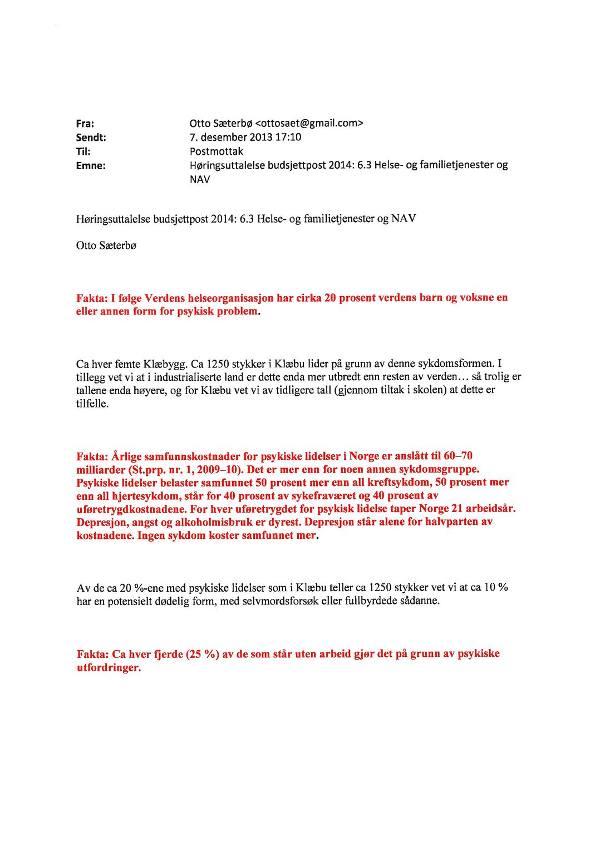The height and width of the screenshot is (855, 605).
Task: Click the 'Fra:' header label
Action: coord(85,124)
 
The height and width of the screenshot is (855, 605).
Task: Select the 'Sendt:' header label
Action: coord(91,137)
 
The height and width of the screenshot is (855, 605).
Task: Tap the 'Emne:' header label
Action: coord(91,165)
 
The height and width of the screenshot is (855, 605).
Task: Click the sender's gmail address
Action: coord(309,123)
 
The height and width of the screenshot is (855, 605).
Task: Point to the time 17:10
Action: coord(288,137)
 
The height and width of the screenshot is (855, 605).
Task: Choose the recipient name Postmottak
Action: coord(217,151)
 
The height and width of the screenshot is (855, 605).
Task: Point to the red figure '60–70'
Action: coord(458,456)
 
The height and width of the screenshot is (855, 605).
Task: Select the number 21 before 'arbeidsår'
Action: coord(457,508)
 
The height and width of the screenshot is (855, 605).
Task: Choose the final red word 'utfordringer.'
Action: coord(109,667)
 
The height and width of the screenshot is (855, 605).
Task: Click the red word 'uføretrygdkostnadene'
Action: coord(132,509)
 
